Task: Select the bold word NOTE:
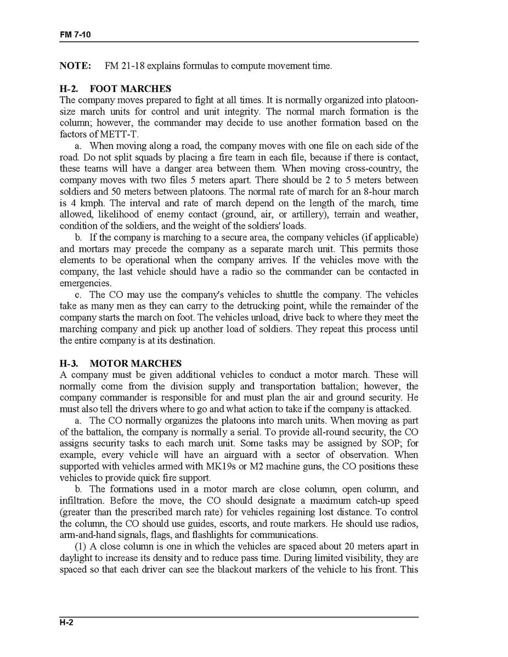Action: click(75, 66)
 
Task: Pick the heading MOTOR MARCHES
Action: click(136, 364)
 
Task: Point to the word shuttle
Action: click(284, 294)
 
